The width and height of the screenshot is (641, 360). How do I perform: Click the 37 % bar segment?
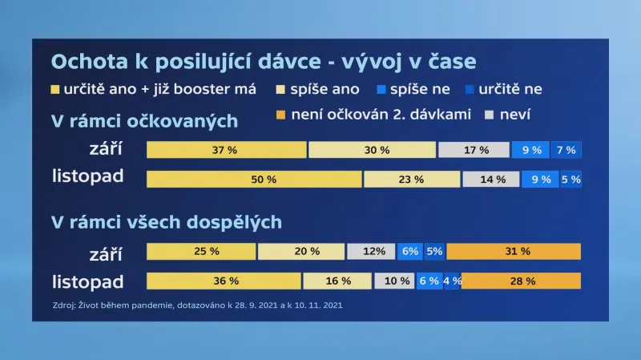[227, 150]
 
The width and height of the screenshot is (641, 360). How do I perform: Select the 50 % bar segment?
[254, 180]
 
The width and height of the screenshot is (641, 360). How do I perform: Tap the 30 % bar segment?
[373, 150]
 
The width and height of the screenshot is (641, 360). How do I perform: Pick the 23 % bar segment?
[411, 180]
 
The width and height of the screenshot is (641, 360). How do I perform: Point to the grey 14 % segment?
[490, 180]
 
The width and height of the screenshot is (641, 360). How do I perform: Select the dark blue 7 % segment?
[566, 150]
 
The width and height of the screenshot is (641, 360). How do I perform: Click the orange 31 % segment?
[514, 252]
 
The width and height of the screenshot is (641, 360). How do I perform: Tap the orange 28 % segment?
[521, 281]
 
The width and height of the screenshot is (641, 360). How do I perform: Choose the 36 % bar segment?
[224, 281]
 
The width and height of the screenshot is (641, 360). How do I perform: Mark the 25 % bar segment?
[201, 252]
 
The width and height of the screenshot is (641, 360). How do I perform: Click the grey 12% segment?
[371, 252]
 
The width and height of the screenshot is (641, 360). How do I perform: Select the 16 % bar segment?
[337, 281]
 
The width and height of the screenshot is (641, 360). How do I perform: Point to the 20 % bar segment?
[301, 252]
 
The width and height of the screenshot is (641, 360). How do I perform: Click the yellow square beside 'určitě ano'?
[54, 89]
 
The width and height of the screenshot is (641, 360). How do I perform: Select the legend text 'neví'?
[516, 115]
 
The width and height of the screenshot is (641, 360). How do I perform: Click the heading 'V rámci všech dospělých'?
[166, 221]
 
